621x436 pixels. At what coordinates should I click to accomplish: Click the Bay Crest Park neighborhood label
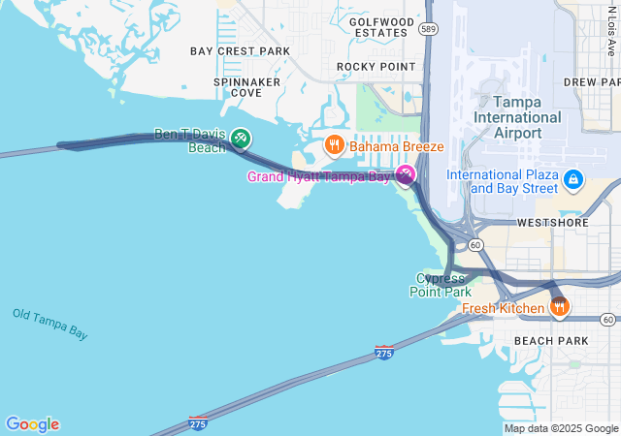[240, 50]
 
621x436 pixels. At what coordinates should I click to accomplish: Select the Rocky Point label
[376, 66]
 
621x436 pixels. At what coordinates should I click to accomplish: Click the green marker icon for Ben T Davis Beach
[240, 140]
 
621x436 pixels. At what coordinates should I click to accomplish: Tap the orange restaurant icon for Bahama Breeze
[335, 145]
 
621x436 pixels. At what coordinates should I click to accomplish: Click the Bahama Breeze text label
[396, 146]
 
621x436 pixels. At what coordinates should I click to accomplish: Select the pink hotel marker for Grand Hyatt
[406, 174]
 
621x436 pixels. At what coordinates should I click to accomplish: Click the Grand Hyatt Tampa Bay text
[318, 176]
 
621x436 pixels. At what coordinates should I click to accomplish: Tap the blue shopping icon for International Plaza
[573, 179]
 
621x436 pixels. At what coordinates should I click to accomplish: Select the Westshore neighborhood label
[554, 222]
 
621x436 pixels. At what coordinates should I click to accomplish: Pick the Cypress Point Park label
[443, 285]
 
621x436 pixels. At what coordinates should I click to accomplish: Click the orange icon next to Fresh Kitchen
[559, 308]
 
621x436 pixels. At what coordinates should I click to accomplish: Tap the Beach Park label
[550, 341]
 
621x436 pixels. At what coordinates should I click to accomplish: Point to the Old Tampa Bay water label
[50, 324]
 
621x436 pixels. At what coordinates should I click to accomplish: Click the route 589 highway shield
[428, 30]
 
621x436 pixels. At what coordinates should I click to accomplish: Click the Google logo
[32, 424]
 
